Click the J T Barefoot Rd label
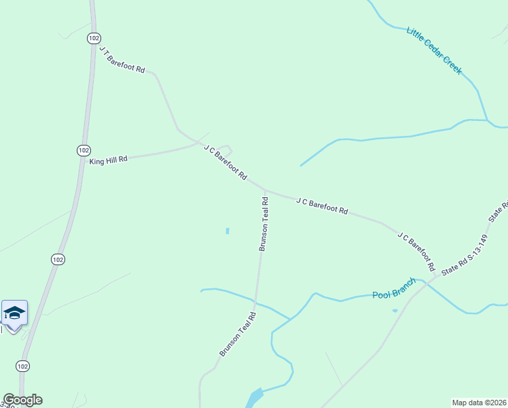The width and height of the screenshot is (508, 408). pos(122,60)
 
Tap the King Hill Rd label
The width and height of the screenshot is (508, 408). pos(109,160)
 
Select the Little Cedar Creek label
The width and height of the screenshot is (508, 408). pos(434,50)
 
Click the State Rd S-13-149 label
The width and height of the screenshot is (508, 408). pos(465,255)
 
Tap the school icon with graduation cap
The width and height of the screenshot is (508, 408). pos(14,313)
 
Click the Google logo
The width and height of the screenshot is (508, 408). pos(22,400)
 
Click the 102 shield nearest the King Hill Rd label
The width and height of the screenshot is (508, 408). pos(83,150)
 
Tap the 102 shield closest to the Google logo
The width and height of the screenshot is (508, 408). pos(23,366)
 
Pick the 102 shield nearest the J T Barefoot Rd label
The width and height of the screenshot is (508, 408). pos(94,39)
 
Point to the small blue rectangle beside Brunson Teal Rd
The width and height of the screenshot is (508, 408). pos(227,231)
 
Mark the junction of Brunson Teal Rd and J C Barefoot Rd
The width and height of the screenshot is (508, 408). pos(264,190)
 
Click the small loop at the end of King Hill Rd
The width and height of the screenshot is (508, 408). pos(227,149)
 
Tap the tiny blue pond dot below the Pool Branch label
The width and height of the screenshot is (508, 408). pos(395,311)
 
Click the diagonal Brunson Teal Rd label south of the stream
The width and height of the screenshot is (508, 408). pos(237,334)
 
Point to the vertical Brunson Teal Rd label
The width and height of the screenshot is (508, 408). pos(264,224)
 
